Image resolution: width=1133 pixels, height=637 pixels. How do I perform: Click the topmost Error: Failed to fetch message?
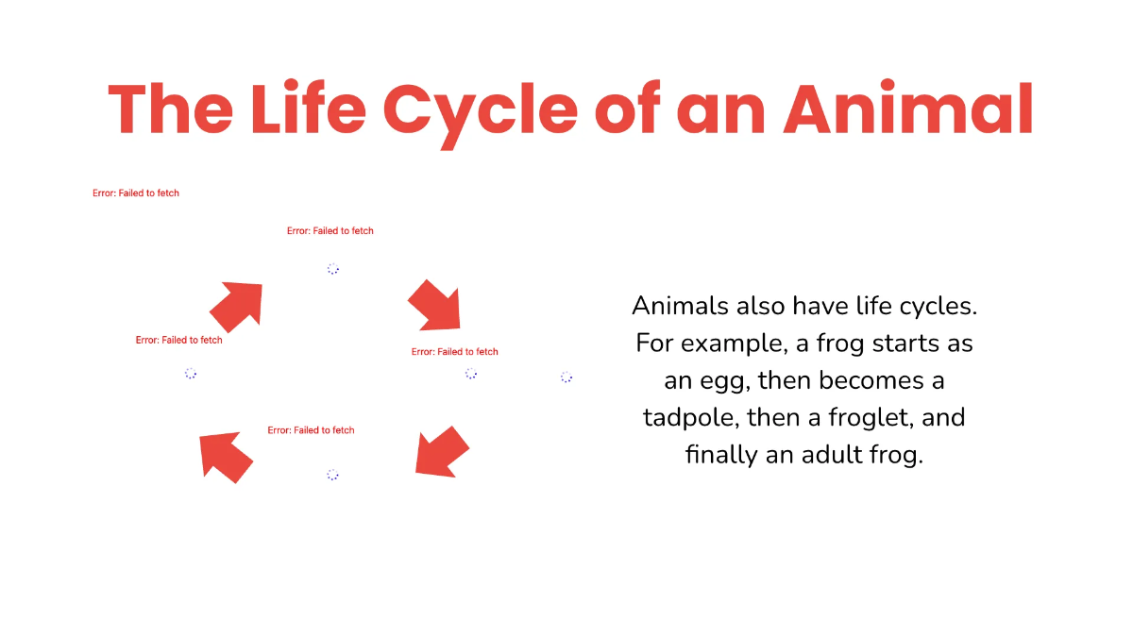pos(136,193)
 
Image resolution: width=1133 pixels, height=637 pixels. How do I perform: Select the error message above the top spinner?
pos(330,231)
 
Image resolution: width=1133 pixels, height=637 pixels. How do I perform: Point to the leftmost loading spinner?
pos(191,374)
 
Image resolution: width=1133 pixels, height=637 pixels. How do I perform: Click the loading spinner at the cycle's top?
pos(333,269)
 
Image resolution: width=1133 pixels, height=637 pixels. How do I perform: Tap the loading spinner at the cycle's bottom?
pos(332,475)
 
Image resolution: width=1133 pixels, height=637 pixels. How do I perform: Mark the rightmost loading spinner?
pos(566,377)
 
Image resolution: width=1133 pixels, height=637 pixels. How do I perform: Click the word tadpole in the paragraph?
pos(690,418)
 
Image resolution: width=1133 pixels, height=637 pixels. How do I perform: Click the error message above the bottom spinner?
pos(311,430)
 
